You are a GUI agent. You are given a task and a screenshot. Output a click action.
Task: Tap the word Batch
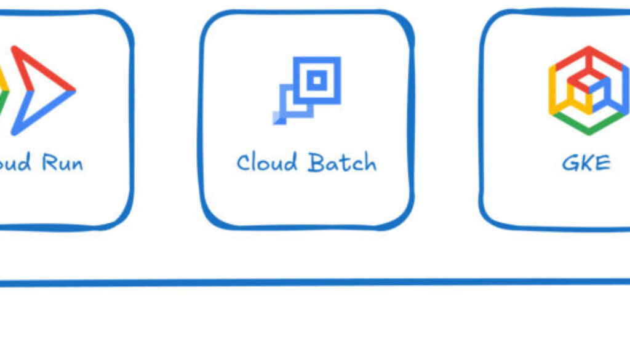(342, 162)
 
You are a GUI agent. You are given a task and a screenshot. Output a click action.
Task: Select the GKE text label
(586, 163)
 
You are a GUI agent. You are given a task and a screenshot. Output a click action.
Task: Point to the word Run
(62, 163)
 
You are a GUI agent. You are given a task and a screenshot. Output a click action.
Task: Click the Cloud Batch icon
(308, 90)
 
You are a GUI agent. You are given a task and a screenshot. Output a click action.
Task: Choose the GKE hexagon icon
(588, 90)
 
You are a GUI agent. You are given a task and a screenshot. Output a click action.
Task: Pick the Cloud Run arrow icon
(40, 90)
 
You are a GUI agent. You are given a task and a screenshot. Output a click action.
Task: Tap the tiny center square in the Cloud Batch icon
(317, 79)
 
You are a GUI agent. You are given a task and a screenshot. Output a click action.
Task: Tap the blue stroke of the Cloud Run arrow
(43, 111)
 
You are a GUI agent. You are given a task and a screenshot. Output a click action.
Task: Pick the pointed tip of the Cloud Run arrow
(73, 90)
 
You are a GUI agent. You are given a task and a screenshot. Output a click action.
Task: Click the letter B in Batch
(316, 162)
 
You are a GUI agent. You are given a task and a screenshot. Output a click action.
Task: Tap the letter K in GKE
(586, 163)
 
